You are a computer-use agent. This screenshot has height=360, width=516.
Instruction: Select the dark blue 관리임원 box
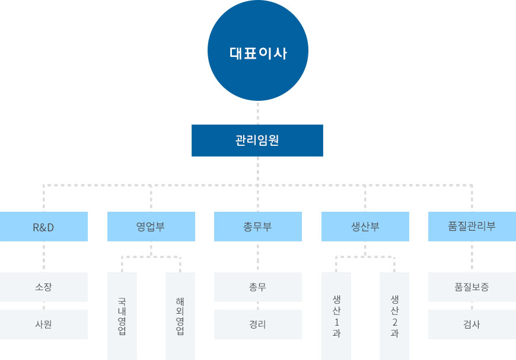coord(257,141)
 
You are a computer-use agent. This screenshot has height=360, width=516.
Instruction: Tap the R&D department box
coord(44,227)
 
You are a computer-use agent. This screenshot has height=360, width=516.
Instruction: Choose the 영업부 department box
coord(151,227)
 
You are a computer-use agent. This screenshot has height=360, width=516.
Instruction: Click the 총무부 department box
coord(257,227)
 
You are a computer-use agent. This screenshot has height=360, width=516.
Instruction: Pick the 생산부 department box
coord(365,227)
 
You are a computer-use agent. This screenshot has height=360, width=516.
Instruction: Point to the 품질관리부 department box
coord(472,227)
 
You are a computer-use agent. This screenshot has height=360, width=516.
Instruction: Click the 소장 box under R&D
coord(44,287)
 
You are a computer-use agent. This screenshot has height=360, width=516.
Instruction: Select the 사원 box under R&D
coord(44,324)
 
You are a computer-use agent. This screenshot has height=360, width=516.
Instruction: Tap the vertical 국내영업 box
coord(122,316)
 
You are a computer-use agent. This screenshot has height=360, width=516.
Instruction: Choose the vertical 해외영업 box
coord(180,316)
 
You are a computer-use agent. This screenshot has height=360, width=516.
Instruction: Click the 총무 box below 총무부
coord(257,287)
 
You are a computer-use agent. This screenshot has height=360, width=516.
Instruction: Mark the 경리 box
coord(257,324)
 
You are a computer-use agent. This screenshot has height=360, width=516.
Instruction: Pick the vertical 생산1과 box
coord(336,316)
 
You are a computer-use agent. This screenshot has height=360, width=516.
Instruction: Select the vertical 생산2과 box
coord(394,316)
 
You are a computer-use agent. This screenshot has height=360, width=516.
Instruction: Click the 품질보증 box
coord(472,287)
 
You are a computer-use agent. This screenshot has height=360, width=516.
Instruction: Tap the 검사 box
coord(472,324)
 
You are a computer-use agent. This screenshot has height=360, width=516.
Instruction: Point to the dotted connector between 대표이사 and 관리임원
coord(258,113)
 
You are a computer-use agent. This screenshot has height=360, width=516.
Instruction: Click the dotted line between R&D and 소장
coord(44,257)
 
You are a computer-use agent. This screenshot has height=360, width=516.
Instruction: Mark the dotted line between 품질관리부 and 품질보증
coord(472,257)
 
